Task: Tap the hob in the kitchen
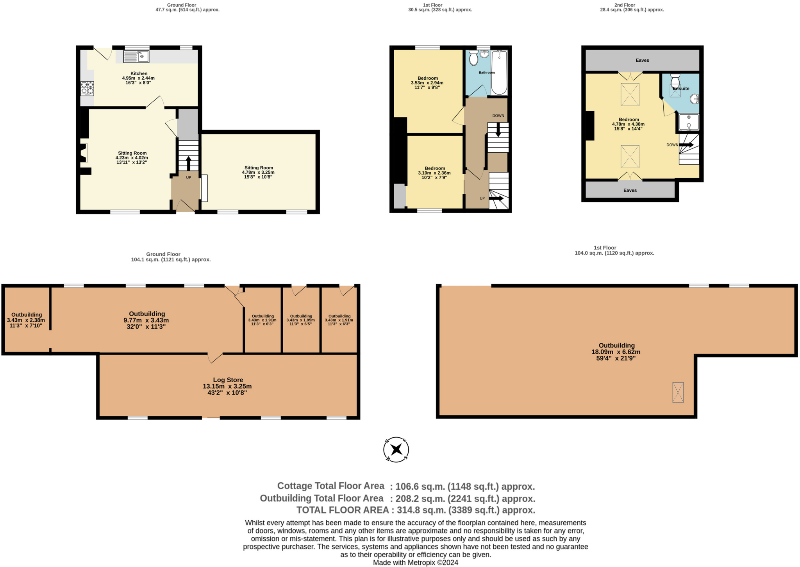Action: click(x=87, y=88)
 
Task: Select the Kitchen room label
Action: click(x=139, y=73)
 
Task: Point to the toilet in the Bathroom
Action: click(x=473, y=58)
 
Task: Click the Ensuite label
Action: click(x=681, y=89)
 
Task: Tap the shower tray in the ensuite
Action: click(x=689, y=122)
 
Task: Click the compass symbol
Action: click(x=396, y=449)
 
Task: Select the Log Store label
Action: click(x=228, y=380)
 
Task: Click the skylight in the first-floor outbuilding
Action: click(x=678, y=392)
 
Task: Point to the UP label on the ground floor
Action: click(x=188, y=178)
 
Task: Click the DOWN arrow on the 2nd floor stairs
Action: click(x=686, y=145)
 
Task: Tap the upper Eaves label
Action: click(x=642, y=60)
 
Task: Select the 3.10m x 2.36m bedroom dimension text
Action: click(x=434, y=173)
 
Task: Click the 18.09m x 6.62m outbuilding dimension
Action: click(x=616, y=352)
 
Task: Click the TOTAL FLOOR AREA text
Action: click(x=342, y=510)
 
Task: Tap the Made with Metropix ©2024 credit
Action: click(x=415, y=563)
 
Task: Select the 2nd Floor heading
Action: click(x=624, y=5)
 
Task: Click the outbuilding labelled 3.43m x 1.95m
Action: click(x=301, y=320)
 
